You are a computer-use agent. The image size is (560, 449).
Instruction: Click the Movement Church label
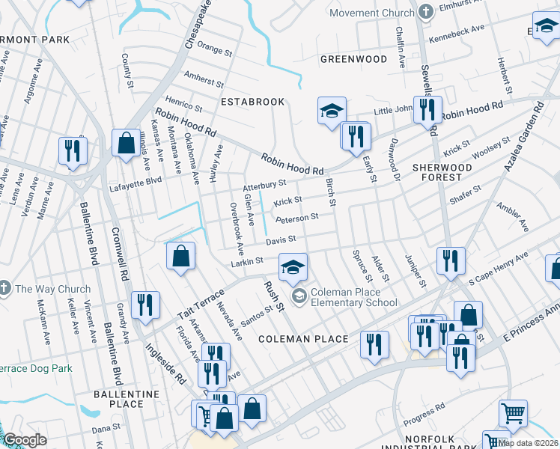click(371, 13)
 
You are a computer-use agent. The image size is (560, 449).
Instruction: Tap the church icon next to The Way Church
click(5, 289)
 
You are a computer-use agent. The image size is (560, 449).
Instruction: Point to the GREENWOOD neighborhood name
click(354, 59)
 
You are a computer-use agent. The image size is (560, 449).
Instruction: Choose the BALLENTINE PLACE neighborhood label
click(118, 399)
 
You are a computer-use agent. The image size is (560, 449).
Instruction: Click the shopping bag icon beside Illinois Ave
click(124, 141)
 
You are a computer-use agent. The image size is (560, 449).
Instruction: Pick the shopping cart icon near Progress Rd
click(513, 412)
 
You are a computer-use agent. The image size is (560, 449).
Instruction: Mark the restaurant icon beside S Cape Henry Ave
click(451, 260)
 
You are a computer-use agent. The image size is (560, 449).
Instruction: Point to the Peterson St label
click(297, 218)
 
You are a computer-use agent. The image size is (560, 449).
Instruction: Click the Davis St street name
click(281, 240)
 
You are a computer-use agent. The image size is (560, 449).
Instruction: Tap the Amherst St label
click(203, 79)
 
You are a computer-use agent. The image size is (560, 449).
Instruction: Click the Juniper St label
click(416, 274)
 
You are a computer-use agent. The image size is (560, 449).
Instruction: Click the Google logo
click(25, 440)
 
